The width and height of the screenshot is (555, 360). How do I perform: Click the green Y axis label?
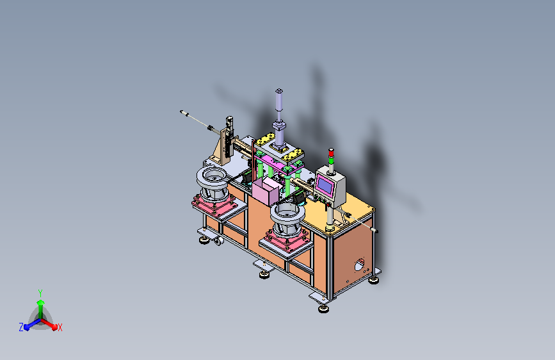pyautogui.click(x=40, y=293)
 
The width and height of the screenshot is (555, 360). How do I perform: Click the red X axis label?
pyautogui.click(x=60, y=328)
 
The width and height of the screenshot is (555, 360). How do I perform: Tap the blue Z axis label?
pyautogui.click(x=21, y=327)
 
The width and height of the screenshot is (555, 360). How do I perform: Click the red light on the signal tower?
pyautogui.click(x=331, y=152)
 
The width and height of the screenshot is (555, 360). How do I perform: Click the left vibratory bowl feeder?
pyautogui.click(x=213, y=184)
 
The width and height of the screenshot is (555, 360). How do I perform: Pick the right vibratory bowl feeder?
pyautogui.click(x=287, y=219)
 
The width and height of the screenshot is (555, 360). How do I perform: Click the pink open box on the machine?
pyautogui.click(x=265, y=192)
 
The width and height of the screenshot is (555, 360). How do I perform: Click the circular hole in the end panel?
pyautogui.click(x=359, y=265)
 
